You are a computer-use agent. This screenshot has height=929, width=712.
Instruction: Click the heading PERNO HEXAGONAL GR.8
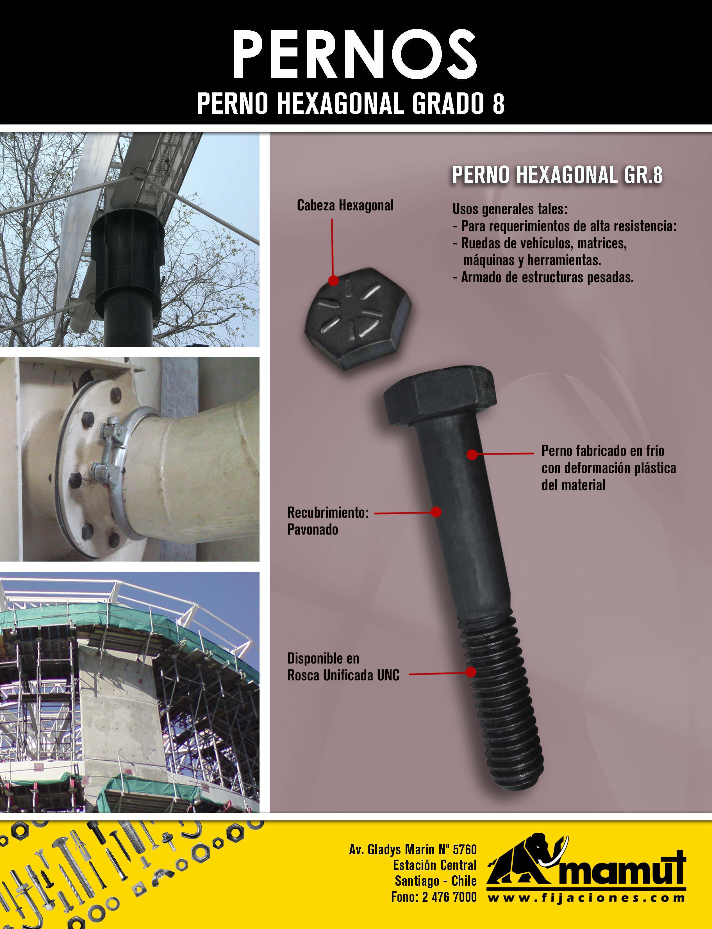(557, 175)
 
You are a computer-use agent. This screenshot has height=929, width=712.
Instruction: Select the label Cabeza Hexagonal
(345, 206)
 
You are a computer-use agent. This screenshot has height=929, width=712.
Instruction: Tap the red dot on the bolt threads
(470, 672)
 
